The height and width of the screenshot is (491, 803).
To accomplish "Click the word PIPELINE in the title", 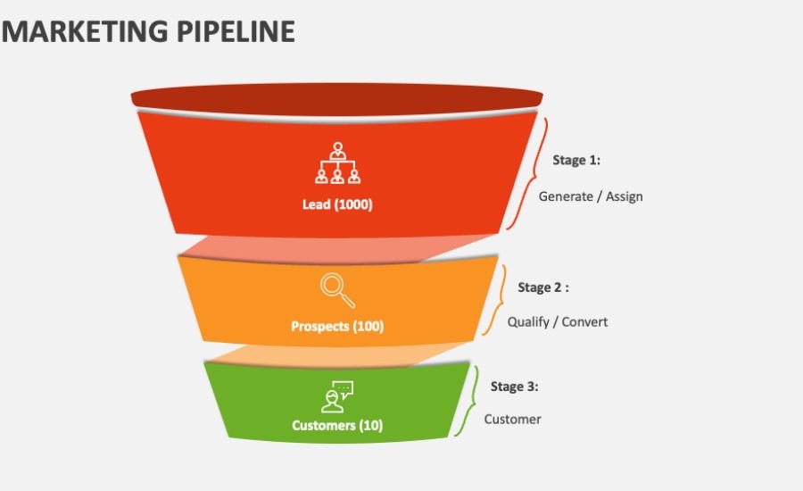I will coord(233,31).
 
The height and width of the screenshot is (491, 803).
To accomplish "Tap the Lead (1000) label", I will coord(337,204).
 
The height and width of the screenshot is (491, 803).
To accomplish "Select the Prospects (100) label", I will coord(337,327).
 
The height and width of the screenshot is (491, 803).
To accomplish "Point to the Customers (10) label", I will coord(337,426).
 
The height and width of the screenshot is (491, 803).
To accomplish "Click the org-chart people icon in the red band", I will coord(337,164).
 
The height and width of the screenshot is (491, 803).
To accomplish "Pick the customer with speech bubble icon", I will coord(337,396).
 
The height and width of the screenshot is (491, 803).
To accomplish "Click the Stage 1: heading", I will coord(576,161).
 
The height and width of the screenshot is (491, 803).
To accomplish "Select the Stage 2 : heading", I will coord(543,288).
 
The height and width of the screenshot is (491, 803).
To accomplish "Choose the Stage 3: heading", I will coord(515,387).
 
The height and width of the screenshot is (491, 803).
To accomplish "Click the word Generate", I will coord(566,196).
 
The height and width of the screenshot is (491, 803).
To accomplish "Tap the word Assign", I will coord(625,196).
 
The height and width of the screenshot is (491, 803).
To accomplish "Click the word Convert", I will coord(585,321).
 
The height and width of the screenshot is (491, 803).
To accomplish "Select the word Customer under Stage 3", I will coord(513,419).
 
